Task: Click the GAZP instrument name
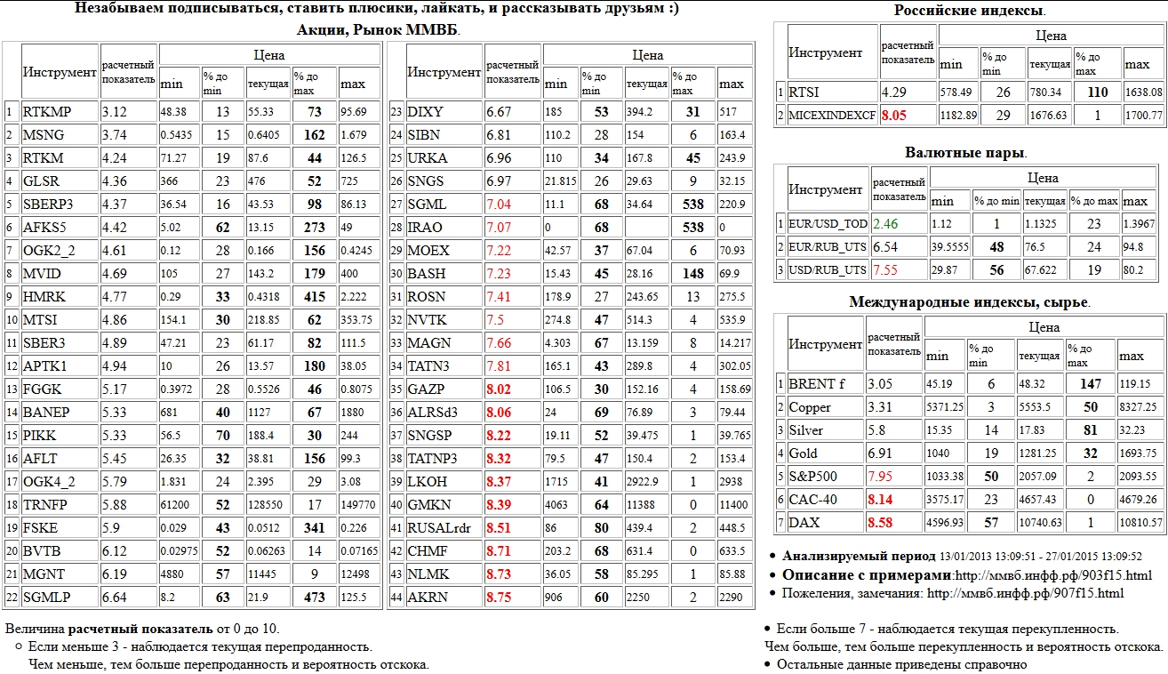pyautogui.click(x=426, y=389)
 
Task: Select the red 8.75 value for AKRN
pyautogui.click(x=499, y=597)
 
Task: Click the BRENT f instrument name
pyautogui.click(x=811, y=384)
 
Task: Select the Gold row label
pyautogui.click(x=804, y=453)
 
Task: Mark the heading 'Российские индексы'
pyautogui.click(x=968, y=11)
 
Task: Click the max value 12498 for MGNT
pyautogui.click(x=356, y=574)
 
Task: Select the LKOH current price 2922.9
pyautogui.click(x=644, y=481)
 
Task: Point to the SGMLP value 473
pyautogui.click(x=315, y=597)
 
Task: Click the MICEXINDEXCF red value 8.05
pyautogui.click(x=895, y=115)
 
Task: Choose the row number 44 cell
pyautogui.click(x=396, y=597)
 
